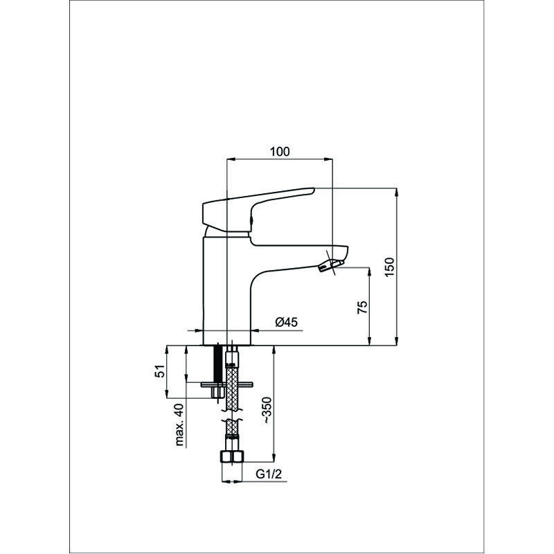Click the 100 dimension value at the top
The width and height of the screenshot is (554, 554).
tap(280, 152)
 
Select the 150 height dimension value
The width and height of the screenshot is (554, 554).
tap(389, 267)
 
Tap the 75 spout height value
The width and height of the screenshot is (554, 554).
tap(362, 307)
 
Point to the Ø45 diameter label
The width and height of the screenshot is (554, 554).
tap(287, 322)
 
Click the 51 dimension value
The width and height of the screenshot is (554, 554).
tap(160, 371)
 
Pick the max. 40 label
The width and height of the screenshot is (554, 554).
tap(179, 425)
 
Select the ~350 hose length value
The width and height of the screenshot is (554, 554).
tap(267, 410)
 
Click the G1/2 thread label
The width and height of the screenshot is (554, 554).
tap(269, 474)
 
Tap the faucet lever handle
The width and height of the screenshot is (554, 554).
tap(258, 211)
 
